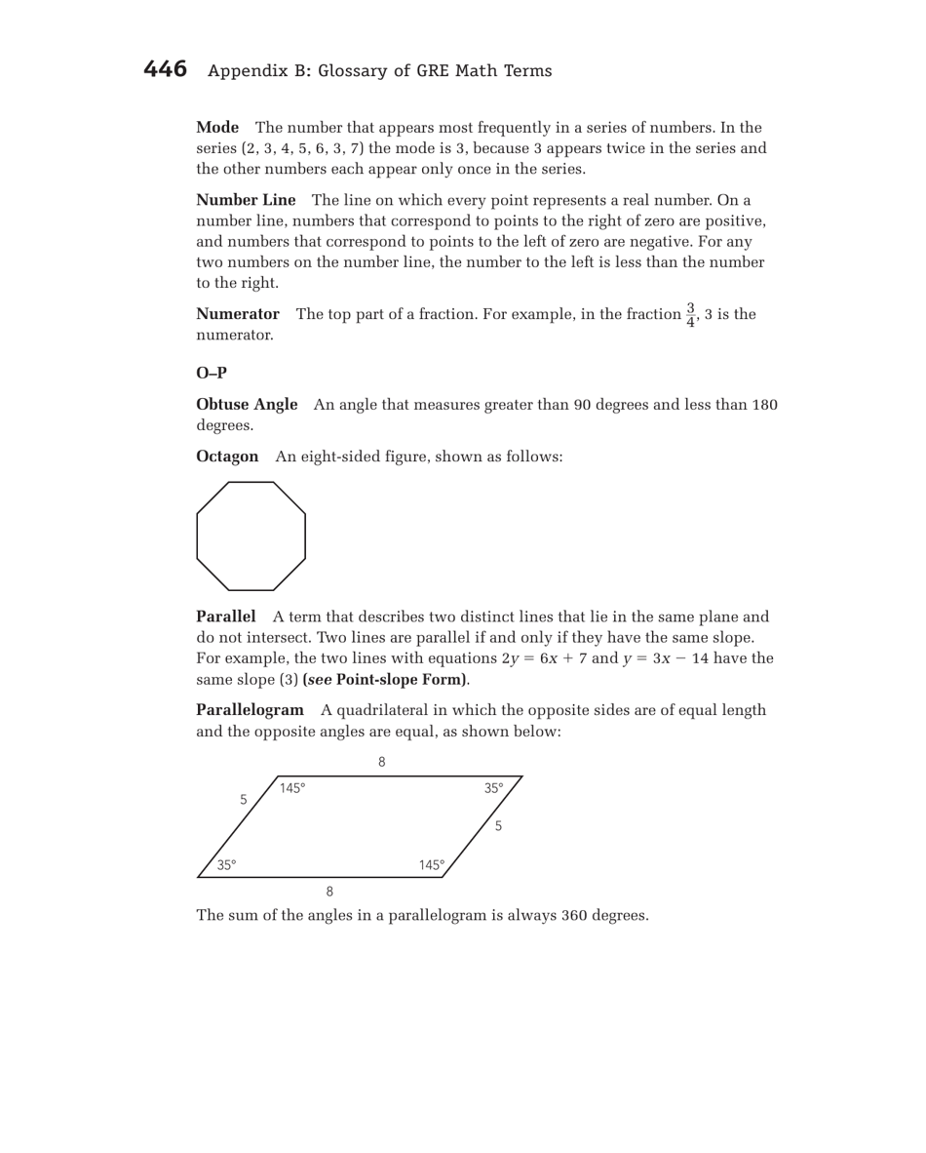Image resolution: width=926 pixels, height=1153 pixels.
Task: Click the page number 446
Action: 165,69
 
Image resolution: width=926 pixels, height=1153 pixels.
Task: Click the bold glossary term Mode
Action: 217,128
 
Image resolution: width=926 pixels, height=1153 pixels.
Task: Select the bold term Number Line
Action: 246,200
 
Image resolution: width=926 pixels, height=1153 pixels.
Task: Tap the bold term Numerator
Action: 238,314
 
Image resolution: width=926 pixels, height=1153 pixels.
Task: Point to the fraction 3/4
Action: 690,314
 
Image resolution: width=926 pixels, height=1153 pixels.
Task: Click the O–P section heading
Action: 212,372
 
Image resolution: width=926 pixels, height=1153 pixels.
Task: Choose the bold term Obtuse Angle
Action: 247,405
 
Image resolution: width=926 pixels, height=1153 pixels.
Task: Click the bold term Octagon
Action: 227,457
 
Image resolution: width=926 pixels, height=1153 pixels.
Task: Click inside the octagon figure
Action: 251,536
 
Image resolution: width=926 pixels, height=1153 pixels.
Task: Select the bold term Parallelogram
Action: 251,709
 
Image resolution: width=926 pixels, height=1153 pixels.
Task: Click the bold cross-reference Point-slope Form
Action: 401,679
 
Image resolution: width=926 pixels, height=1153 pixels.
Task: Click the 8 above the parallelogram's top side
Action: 382,762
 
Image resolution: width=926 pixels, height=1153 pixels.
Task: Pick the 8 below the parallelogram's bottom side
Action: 329,891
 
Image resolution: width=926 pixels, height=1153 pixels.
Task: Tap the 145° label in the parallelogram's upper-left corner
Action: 292,787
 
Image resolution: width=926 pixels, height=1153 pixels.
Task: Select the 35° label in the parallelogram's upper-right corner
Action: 494,787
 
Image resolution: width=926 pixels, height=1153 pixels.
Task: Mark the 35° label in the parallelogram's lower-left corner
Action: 226,865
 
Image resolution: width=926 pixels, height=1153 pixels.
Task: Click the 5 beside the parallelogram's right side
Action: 498,826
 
